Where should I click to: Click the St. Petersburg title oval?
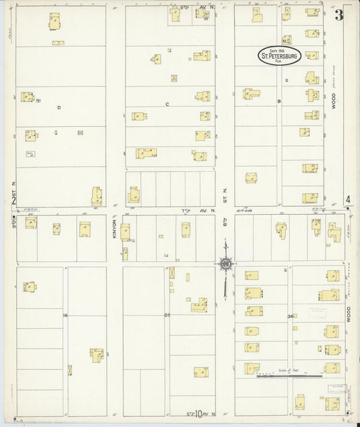[279, 57]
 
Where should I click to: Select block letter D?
[59, 107]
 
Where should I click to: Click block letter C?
[166, 104]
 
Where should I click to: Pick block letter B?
[278, 101]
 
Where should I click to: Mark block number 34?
[290, 316]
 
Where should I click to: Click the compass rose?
[226, 263]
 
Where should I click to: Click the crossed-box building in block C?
[174, 78]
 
